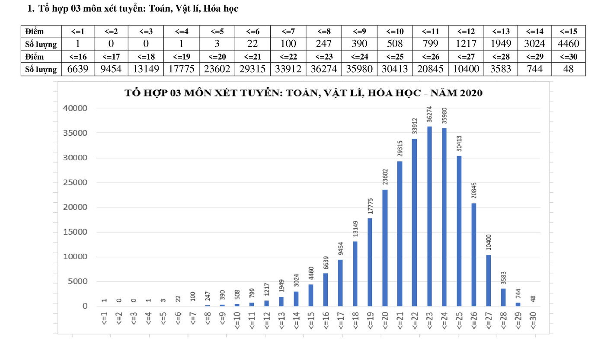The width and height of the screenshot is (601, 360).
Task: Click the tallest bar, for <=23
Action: click(429, 216)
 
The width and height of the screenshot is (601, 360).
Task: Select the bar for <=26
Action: click(474, 255)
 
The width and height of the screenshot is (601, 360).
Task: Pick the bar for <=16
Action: click(326, 290)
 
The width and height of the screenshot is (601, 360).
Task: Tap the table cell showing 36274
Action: click(323, 69)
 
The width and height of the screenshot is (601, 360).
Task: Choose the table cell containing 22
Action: click(253, 44)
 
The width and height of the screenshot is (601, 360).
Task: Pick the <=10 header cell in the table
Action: click(395, 31)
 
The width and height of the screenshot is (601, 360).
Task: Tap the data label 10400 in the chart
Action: click(489, 242)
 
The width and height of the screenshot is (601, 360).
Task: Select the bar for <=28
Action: click(504, 297)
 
